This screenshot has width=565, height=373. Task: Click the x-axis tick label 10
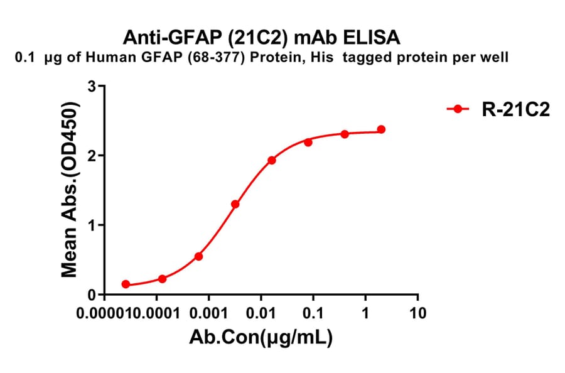[x=417, y=313]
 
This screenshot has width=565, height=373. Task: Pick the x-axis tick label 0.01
[x=261, y=313]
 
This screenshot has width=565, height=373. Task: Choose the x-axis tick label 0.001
[x=209, y=313]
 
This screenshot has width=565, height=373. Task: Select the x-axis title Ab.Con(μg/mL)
[x=261, y=339]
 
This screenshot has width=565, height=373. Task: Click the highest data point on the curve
[x=381, y=129]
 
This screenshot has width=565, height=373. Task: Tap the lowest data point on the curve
[x=126, y=284]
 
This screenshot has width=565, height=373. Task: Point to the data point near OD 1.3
[x=235, y=204]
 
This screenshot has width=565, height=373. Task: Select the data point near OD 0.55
[x=198, y=256]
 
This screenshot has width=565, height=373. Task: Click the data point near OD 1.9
[x=271, y=160]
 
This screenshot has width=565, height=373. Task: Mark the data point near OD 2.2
[x=308, y=143]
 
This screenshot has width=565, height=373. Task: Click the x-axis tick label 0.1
[x=313, y=313]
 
